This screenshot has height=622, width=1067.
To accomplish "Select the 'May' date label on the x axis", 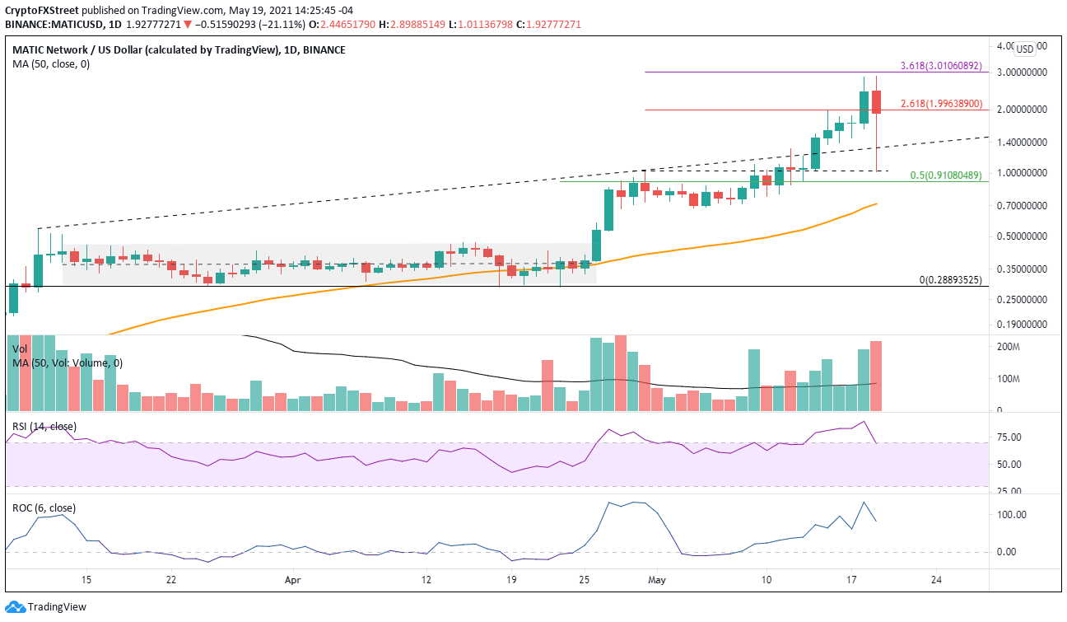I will [655, 580].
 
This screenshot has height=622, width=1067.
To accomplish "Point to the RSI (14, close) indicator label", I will [44, 426].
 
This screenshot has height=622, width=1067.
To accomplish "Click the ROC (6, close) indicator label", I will [44, 508].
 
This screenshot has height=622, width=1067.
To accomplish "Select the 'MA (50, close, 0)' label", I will [51, 63].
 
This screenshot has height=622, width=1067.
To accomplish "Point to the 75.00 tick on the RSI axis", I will [1010, 437].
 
